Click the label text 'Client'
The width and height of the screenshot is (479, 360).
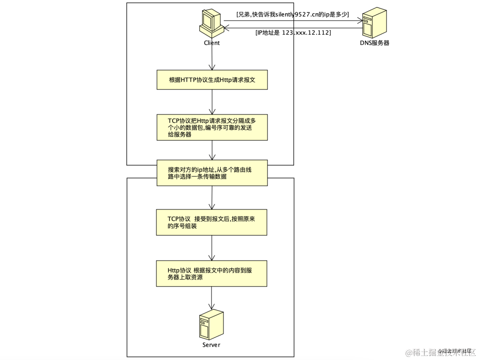click(212, 43)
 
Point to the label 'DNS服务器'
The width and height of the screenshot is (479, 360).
click(374, 43)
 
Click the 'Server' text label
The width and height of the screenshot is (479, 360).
click(211, 345)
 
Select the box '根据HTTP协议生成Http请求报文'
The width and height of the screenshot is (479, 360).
click(212, 80)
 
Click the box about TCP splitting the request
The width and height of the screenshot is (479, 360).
click(212, 127)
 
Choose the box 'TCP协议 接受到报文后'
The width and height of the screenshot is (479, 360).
click(212, 222)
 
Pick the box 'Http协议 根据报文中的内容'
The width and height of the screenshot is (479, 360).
click(212, 273)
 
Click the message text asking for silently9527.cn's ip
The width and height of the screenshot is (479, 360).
click(293, 15)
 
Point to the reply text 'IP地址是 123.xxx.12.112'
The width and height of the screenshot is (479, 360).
click(293, 32)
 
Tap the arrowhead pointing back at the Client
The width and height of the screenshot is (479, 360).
click(226, 28)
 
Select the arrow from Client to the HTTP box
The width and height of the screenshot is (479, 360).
click(212, 58)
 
